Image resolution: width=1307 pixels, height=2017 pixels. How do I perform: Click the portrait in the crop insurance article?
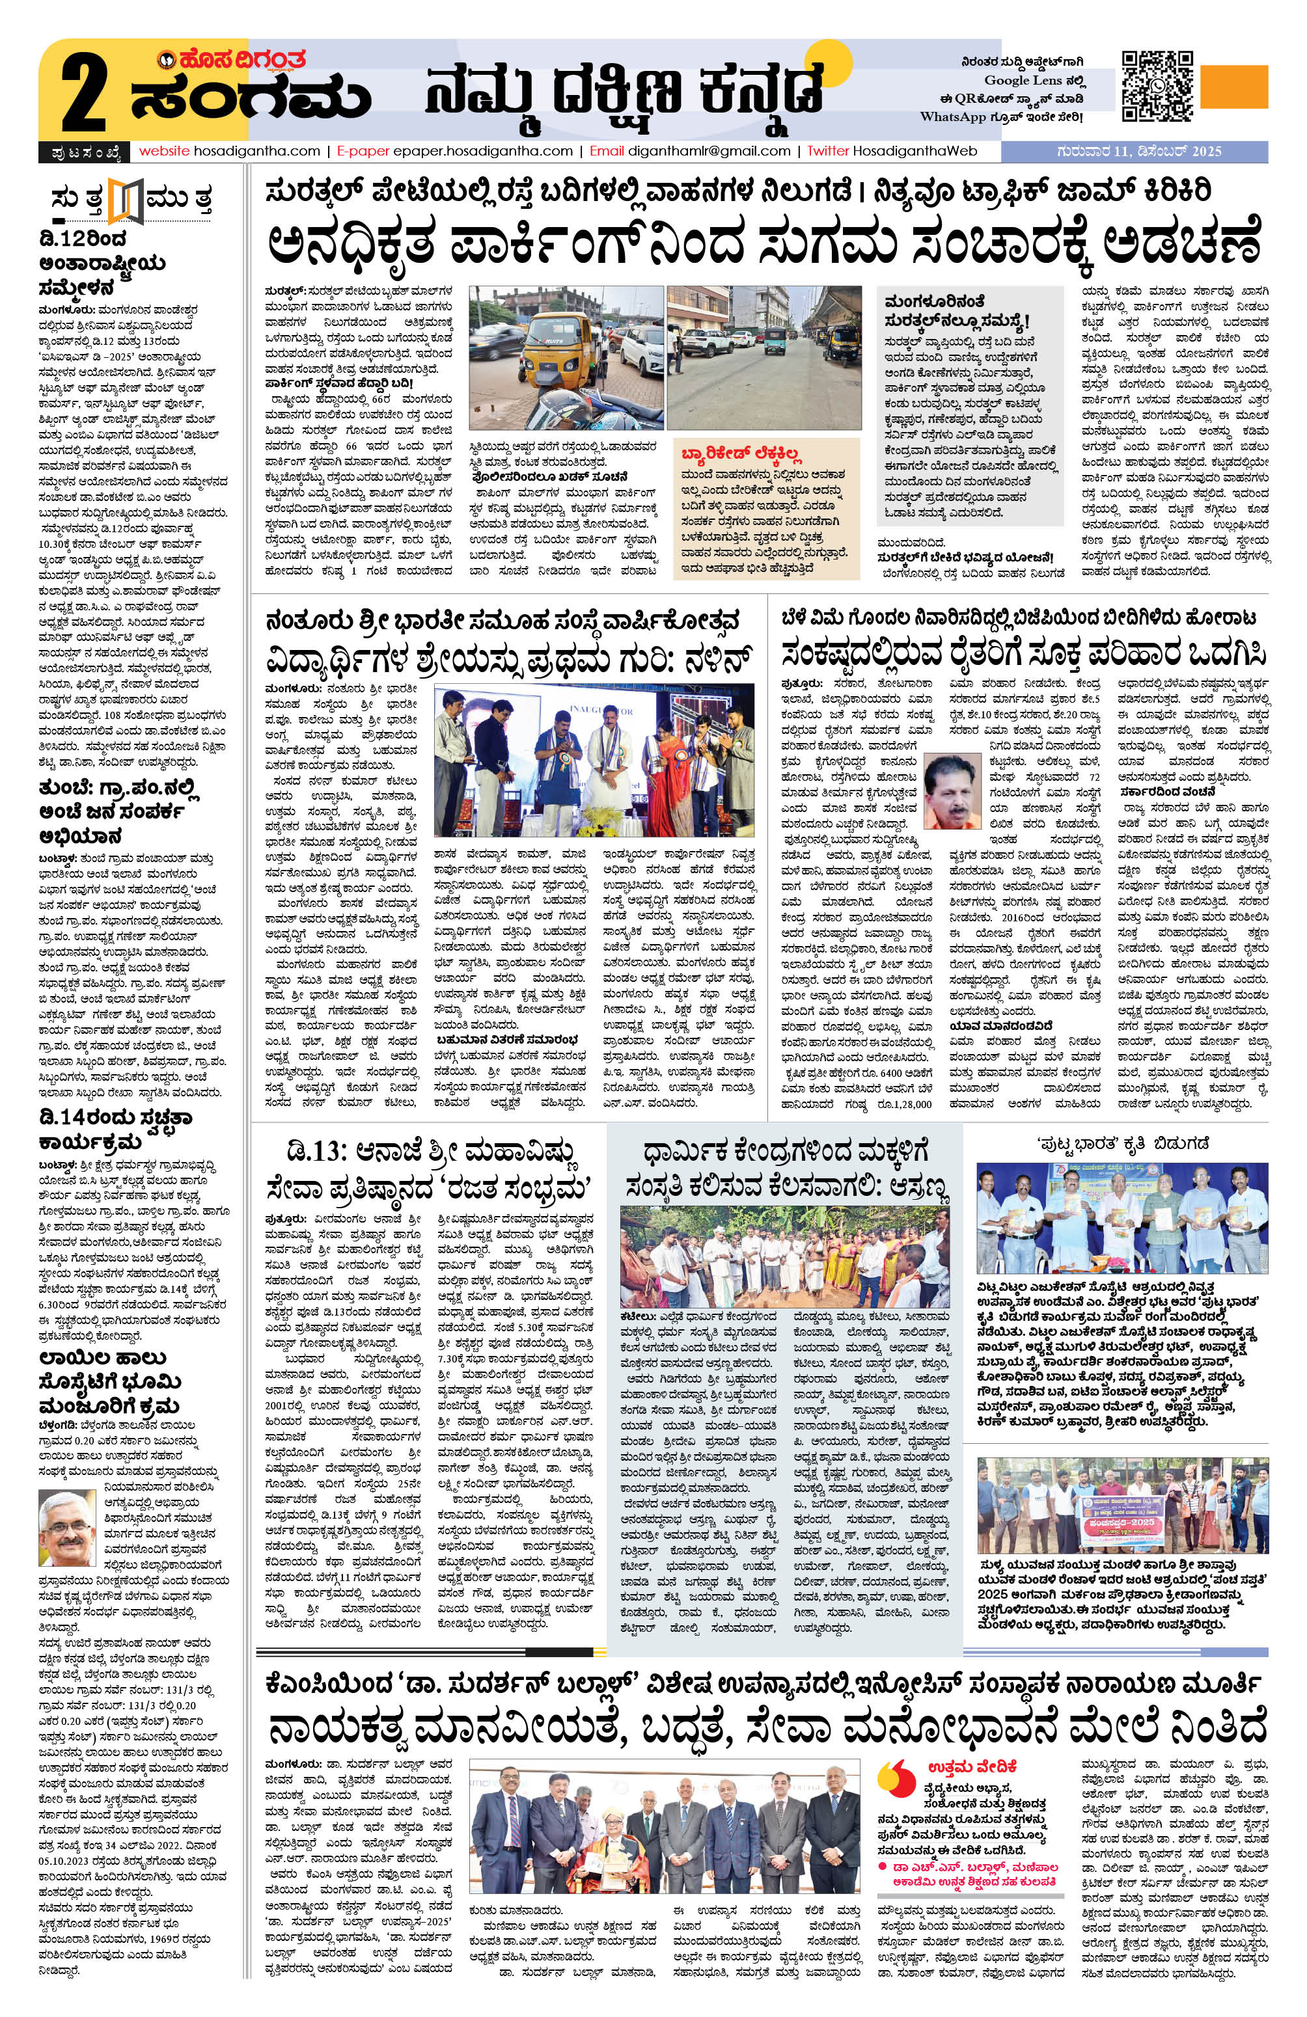click(950, 791)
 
